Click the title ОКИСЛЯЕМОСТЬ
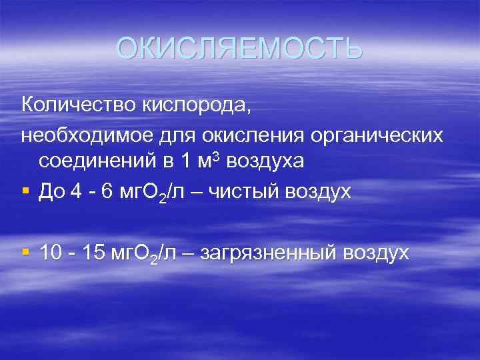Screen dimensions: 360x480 tap(239, 48)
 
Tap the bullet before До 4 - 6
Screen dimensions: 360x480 tap(25, 191)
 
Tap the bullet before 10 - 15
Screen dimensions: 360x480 tap(25, 252)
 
